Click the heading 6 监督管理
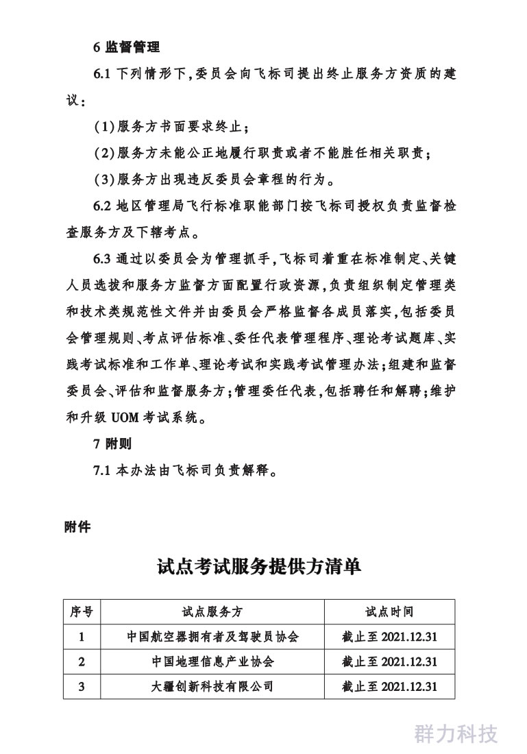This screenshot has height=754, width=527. coord(127,47)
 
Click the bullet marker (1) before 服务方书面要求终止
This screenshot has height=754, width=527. coord(104,127)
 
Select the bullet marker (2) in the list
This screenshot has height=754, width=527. coord(104,154)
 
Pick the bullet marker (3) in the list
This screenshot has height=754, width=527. coord(104,180)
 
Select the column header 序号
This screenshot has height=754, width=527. coord(82,611)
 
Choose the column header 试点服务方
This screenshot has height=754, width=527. coord(212,611)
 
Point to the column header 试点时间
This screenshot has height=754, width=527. coord(389,611)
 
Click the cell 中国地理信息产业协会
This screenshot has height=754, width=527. coord(212,661)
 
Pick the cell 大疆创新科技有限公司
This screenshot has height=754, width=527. coord(212,686)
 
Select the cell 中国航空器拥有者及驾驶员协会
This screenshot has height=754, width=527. coord(212,637)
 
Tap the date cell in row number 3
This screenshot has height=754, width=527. coord(389,686)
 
